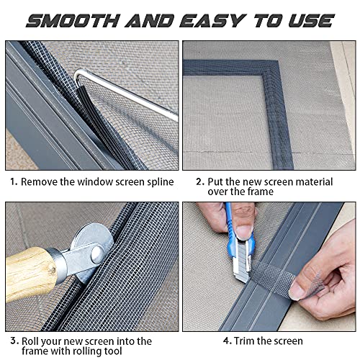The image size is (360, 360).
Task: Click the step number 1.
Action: pyautogui.click(x=12, y=182)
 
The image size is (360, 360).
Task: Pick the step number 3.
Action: pyautogui.click(x=12, y=341)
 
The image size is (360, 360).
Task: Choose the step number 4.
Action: pyautogui.click(x=227, y=341)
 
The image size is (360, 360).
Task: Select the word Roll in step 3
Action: pyautogui.click(x=32, y=341)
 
